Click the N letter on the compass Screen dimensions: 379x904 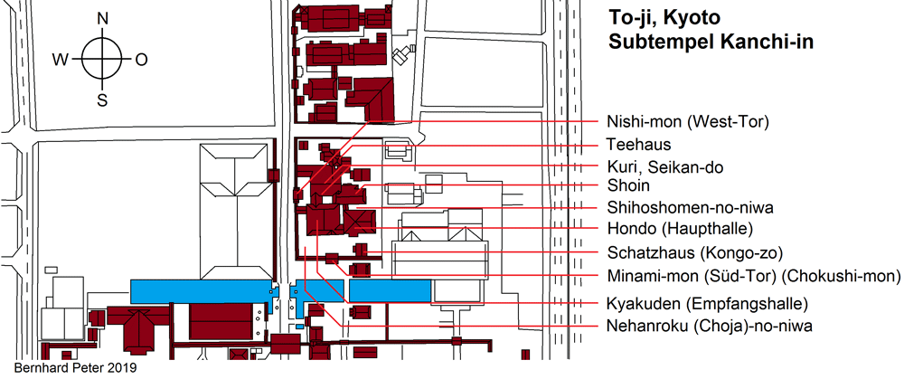tap(103, 19)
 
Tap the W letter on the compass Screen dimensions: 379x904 tap(61, 60)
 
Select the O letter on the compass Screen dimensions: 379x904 tap(141, 60)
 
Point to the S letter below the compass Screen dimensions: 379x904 tap(103, 99)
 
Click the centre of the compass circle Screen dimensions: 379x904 tap(103, 60)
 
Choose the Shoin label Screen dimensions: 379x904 tap(626, 186)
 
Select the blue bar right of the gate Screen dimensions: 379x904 tap(390, 290)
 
